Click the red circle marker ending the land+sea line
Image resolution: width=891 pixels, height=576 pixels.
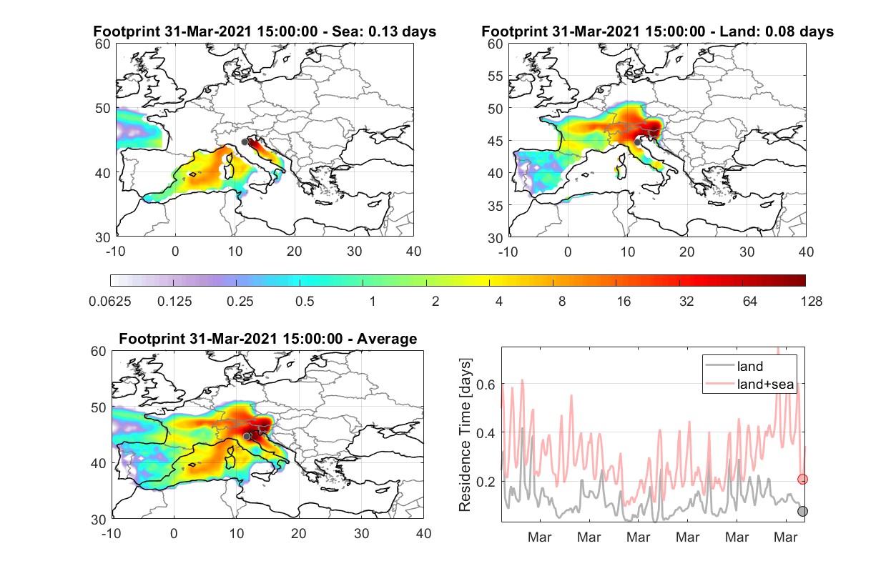803,480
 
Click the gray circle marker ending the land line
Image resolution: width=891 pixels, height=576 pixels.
803,511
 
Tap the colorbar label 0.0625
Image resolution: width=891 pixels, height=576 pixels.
110,302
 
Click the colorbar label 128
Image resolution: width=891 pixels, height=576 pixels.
812,302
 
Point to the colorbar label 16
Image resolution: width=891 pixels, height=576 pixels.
624,302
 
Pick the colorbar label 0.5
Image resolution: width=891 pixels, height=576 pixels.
305,302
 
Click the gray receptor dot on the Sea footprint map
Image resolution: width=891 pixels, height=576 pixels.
245,142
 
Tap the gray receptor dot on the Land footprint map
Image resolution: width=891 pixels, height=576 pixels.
637,142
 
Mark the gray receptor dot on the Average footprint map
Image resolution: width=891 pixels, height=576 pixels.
247,437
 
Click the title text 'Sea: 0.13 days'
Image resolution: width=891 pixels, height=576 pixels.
384,31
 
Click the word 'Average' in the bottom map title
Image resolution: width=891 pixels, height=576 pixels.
387,339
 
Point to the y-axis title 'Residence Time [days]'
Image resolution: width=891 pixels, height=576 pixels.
465,435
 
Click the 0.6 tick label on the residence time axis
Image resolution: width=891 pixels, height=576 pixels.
486,384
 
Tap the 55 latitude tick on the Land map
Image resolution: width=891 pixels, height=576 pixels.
495,76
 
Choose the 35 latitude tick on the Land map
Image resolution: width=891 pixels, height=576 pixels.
495,206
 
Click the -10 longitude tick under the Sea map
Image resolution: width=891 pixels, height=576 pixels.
115,252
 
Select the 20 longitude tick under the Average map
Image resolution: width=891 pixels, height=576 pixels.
298,533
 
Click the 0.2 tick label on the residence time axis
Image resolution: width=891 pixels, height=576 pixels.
486,482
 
